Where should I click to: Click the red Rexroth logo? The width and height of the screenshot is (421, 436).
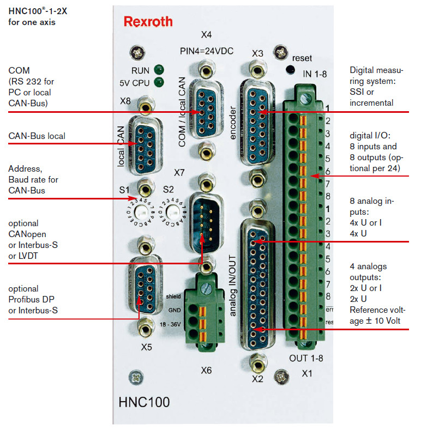pyautogui.click(x=148, y=22)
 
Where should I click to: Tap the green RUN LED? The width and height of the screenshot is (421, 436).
pyautogui.click(x=159, y=70)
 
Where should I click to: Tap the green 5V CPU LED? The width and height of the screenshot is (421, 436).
pyautogui.click(x=159, y=83)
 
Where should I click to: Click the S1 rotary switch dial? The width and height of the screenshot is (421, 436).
pyautogui.click(x=143, y=211)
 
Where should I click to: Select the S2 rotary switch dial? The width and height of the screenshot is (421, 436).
pyautogui.click(x=175, y=211)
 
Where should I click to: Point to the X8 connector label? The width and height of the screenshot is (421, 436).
pyautogui.click(x=125, y=101)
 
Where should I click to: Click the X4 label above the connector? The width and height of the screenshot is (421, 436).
pyautogui.click(x=206, y=35)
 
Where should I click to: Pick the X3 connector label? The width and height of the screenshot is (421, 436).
pyautogui.click(x=258, y=53)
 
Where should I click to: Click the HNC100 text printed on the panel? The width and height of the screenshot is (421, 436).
pyautogui.click(x=144, y=403)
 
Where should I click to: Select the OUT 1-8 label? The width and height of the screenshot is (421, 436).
pyautogui.click(x=306, y=358)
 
